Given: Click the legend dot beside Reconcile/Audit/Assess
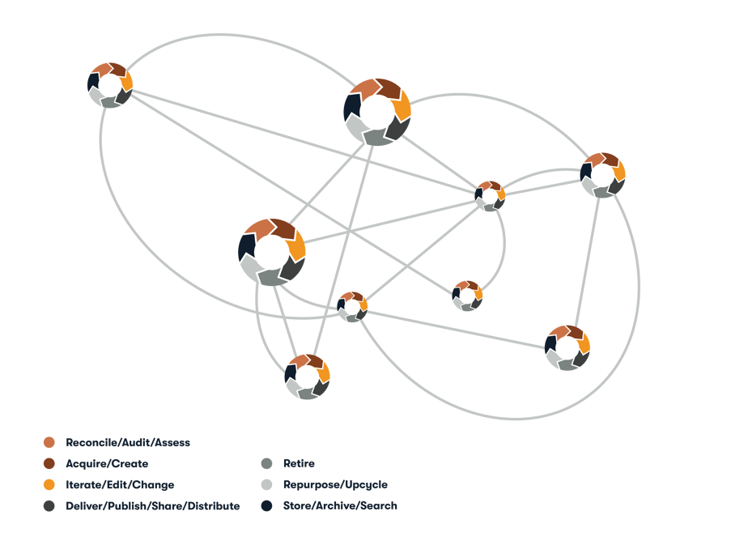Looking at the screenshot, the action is (49, 442).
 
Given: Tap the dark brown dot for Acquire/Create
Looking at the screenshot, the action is (49, 463).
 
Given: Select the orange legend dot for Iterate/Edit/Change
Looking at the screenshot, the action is (49, 484).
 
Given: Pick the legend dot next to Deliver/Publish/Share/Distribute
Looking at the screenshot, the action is (49, 506).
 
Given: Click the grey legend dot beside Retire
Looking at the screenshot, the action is (266, 463).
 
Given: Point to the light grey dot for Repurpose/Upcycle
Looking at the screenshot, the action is (266, 484).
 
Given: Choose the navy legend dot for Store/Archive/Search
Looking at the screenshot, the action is (266, 505).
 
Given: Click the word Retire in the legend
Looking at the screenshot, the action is (299, 463).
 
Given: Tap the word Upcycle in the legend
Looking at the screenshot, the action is (367, 485).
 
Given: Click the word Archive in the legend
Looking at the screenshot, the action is (337, 505).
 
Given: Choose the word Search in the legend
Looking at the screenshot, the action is (379, 505).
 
